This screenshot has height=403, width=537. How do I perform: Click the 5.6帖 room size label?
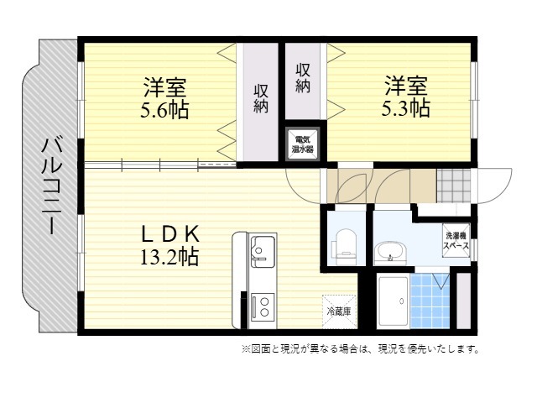click(164, 109)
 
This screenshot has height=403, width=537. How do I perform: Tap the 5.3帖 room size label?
click(406, 108)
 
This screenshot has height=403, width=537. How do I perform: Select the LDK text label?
click(170, 233)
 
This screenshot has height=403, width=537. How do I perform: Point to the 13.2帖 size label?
click(169, 257)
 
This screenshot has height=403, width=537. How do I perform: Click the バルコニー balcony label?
click(52, 186)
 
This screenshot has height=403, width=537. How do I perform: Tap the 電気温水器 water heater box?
click(303, 144)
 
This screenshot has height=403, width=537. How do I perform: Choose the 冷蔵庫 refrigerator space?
click(339, 311)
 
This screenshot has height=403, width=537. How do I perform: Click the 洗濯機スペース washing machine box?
click(456, 240)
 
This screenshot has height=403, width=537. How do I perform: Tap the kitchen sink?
click(263, 252)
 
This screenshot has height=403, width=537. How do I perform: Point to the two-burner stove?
click(263, 306)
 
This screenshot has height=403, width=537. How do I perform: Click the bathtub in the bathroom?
click(394, 301)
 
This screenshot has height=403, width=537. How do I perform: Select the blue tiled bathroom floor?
click(430, 301)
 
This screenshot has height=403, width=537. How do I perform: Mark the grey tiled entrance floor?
click(454, 186)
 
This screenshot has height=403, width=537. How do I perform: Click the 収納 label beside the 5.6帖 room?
click(261, 99)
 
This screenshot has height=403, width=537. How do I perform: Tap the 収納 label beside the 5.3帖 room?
click(303, 78)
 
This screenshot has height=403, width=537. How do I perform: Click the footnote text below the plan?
click(361, 349)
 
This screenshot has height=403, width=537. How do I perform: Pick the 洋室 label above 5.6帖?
click(164, 86)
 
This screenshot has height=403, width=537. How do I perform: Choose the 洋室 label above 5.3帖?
click(406, 86)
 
